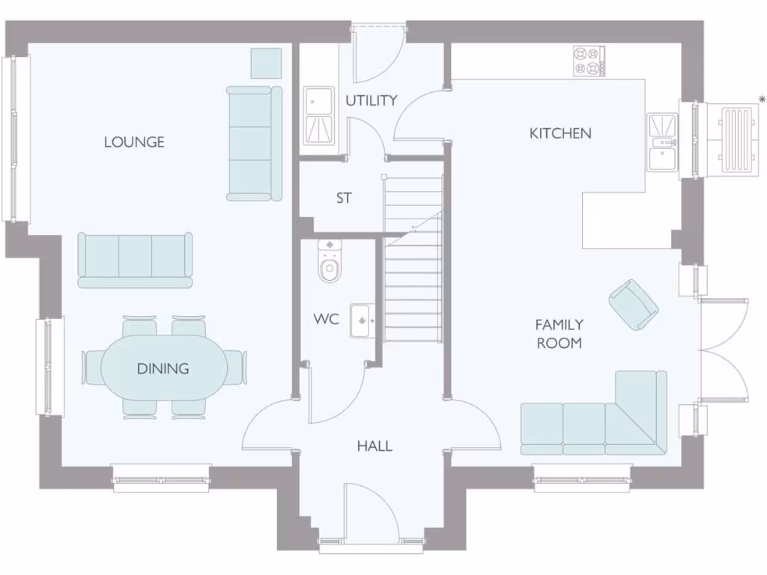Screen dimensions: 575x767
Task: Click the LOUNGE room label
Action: (x=134, y=142)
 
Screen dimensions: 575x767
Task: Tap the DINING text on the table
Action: (x=163, y=368)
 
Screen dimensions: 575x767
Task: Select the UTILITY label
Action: (x=371, y=100)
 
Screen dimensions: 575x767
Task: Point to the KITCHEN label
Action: (x=560, y=133)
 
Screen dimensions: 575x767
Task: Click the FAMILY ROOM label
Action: (x=559, y=334)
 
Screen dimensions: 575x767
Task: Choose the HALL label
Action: (x=375, y=446)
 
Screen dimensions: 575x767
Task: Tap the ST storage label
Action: (x=344, y=198)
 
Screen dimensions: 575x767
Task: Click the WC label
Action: (x=326, y=319)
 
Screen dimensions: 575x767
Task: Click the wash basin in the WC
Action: (x=362, y=320)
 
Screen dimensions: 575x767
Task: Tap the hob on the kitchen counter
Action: (x=589, y=61)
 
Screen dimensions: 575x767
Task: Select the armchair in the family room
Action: (x=634, y=304)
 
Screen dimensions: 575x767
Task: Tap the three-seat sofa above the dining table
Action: (x=135, y=260)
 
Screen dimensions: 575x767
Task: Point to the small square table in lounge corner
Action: (x=266, y=63)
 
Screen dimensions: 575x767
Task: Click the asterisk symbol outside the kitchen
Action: (x=762, y=100)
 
